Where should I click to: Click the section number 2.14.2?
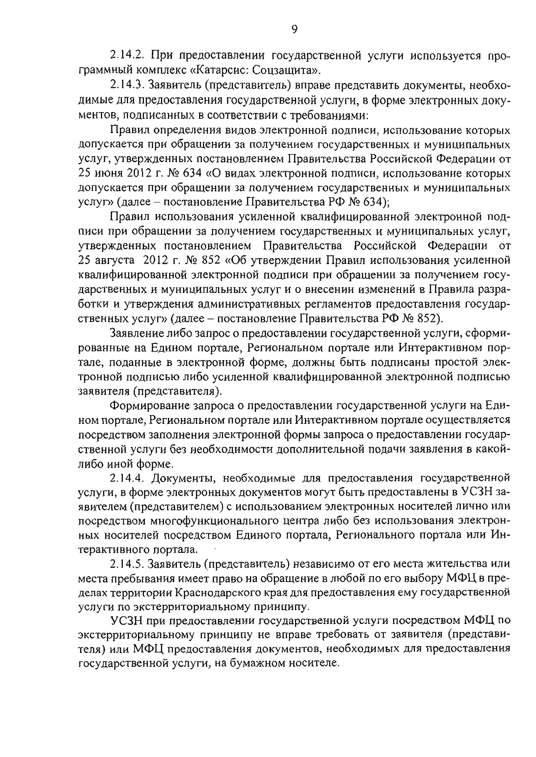[x=128, y=56]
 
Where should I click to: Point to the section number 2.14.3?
[x=128, y=85]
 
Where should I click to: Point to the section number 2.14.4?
[x=128, y=478]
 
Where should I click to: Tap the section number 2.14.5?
[x=128, y=565]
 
